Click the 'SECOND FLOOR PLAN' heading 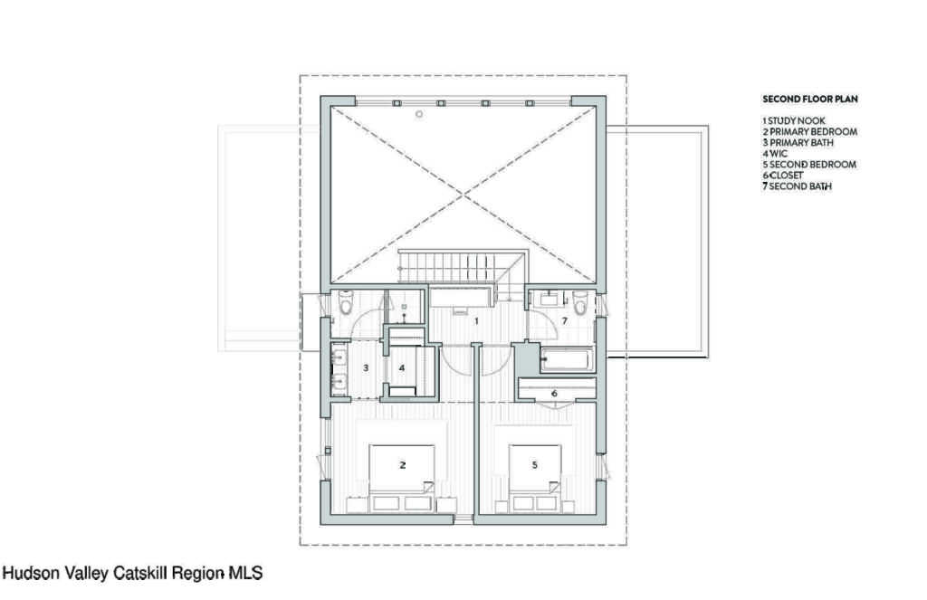tap(810, 100)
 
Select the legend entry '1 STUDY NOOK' tap(793, 120)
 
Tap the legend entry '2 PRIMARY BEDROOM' tap(809, 132)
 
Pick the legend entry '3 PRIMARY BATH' tap(798, 142)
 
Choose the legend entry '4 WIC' tap(775, 153)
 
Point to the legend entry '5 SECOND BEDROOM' tap(808, 165)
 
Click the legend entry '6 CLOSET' tap(783, 175)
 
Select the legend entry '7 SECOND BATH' tap(797, 186)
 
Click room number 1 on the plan tap(476, 321)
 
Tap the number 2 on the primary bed tap(403, 465)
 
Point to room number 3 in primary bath tap(366, 367)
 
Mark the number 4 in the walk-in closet tap(402, 367)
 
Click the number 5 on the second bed tap(534, 465)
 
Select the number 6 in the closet tap(554, 393)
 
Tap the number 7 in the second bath tap(565, 321)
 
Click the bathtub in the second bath tap(567, 360)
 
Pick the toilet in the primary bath tap(343, 302)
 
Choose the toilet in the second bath tap(580, 302)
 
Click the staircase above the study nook tap(461, 268)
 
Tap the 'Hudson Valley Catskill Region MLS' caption tap(133, 573)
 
